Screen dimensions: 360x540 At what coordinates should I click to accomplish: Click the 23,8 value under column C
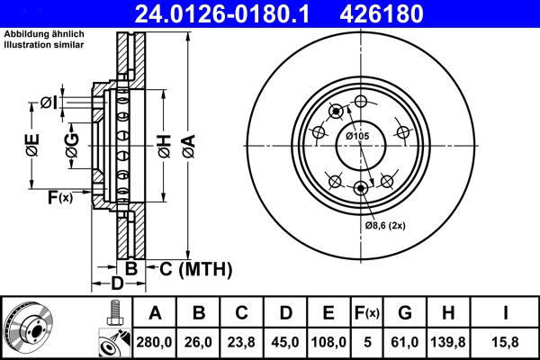tap(242, 341)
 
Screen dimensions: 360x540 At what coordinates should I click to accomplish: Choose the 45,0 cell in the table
tap(285, 341)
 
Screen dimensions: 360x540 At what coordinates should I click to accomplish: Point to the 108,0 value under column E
tap(328, 341)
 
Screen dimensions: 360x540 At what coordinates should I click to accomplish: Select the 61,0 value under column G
tap(404, 341)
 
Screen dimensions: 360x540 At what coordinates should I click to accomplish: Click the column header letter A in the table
tap(155, 313)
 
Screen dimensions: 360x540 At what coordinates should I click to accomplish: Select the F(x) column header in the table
tap(366, 313)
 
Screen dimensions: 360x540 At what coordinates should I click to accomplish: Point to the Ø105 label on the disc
tap(358, 136)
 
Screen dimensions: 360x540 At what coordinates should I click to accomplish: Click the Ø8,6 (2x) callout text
tap(386, 225)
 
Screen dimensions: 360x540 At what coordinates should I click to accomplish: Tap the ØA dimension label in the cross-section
tap(186, 144)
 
